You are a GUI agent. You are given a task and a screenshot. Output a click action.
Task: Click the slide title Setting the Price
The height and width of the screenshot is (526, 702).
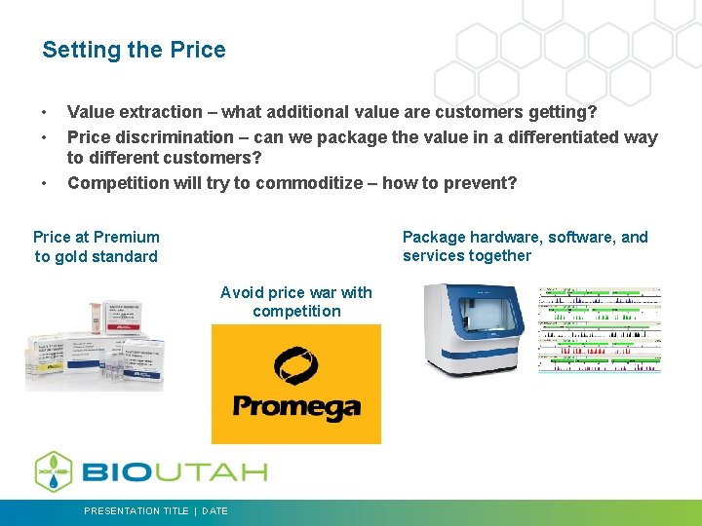(x=134, y=50)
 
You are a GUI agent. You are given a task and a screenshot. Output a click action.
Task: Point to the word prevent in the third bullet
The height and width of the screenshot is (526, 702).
(x=480, y=183)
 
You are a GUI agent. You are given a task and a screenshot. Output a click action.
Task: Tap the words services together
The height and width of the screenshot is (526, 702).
(x=466, y=256)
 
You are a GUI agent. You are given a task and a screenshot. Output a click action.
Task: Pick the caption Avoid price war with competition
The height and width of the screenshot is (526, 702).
(x=296, y=302)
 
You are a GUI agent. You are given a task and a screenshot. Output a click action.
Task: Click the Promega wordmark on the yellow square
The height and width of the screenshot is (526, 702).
(x=295, y=408)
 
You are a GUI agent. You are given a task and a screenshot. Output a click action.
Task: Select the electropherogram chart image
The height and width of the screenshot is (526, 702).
(x=600, y=329)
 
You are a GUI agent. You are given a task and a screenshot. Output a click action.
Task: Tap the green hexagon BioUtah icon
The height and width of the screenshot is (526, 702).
(x=54, y=471)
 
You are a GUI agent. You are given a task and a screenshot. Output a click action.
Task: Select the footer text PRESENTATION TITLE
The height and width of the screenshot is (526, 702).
(x=136, y=511)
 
